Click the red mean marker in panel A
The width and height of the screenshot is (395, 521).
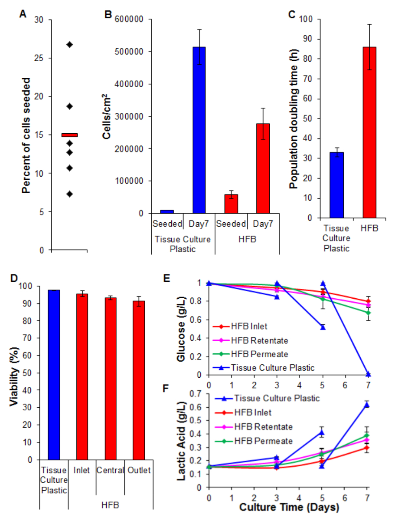point(69,135)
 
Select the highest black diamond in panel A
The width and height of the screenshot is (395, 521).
point(69,44)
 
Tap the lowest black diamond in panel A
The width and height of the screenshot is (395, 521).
point(69,194)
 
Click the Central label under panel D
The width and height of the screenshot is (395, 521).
point(110,470)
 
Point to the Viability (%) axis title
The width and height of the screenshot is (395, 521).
point(16,373)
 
